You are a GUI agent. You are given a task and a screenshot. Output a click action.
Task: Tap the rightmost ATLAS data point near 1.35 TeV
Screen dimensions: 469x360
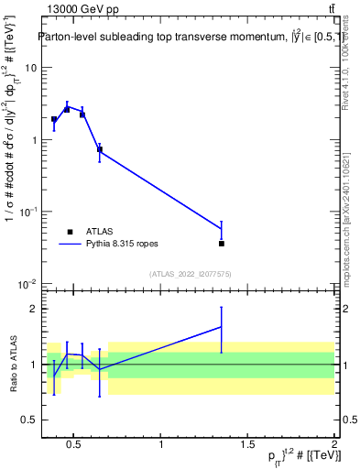click(222, 244)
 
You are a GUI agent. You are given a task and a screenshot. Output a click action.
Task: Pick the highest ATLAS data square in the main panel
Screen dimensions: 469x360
click(67, 109)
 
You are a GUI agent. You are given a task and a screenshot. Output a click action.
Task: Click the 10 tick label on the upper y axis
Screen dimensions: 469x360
click(31, 68)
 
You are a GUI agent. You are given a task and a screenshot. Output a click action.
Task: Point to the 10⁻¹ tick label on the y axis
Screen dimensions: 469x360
click(27, 212)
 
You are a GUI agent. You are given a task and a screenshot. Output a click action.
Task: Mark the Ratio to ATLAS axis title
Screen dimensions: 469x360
click(13, 364)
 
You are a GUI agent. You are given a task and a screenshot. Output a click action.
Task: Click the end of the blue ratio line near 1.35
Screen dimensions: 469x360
click(222, 326)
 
